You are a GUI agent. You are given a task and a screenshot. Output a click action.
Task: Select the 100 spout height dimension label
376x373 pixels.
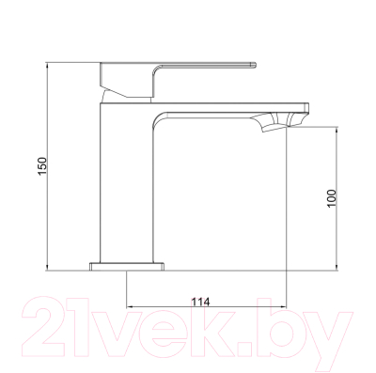coord(330,197)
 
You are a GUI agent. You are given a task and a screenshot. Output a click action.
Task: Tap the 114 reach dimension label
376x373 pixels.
coord(199,301)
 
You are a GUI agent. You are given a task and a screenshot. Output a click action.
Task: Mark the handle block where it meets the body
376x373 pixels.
coord(128,84)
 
